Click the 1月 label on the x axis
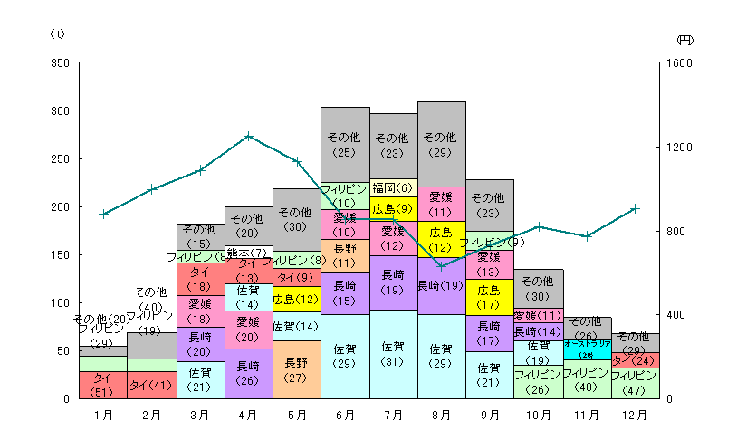pyautogui.click(x=103, y=416)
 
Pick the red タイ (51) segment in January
pyautogui.click(x=103, y=385)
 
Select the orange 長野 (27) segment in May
pyautogui.click(x=297, y=369)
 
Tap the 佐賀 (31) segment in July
pyautogui.click(x=394, y=354)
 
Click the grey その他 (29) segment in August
pyautogui.click(x=442, y=144)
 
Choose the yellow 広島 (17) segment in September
pyautogui.click(x=490, y=296)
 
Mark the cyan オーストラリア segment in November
pyautogui.click(x=587, y=349)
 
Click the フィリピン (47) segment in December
pyautogui.click(x=636, y=383)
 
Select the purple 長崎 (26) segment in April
pyautogui.click(x=248, y=373)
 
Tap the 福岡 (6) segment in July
pyautogui.click(x=394, y=187)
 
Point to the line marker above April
pyautogui.click(x=248, y=136)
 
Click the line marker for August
pyautogui.click(x=442, y=266)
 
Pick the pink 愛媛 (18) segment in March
pyautogui.click(x=200, y=311)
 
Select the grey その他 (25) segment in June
pyautogui.click(x=345, y=145)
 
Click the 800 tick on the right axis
pyautogui.click(x=678, y=231)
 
